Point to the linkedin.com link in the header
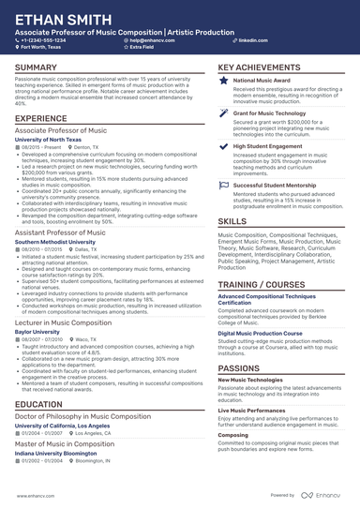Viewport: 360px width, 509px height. point(247,41)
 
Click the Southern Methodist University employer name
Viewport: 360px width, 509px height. point(54,242)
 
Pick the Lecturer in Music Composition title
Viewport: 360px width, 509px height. point(66,321)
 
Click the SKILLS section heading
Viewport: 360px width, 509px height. point(233,220)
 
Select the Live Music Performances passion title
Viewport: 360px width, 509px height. point(250,383)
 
